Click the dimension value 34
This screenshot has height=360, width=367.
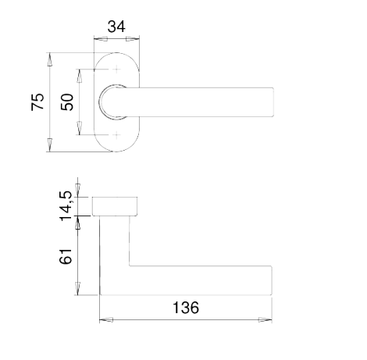point(116,27)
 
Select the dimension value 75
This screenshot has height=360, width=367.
point(37,102)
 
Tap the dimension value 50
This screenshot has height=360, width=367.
point(67,102)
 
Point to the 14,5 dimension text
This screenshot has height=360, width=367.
point(66,206)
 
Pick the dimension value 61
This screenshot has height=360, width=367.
point(66,257)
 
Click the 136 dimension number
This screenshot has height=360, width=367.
point(186,308)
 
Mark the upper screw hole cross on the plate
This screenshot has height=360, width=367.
point(117,70)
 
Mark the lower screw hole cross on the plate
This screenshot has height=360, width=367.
point(117,135)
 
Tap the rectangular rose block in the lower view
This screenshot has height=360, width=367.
point(115,206)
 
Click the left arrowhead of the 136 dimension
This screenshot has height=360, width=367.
point(106,319)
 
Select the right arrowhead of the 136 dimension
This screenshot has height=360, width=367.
point(265,319)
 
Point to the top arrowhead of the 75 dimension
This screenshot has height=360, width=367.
point(49,59)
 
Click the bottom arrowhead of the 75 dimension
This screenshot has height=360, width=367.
point(49,145)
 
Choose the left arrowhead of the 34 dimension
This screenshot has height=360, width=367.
point(101,39)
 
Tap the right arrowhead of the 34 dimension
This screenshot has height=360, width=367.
point(133,39)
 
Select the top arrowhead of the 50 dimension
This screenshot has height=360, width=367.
point(79,76)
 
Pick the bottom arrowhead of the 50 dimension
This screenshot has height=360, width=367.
point(79,128)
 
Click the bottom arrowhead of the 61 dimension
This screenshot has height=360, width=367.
point(77,288)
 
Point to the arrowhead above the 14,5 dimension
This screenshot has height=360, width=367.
point(77,191)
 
